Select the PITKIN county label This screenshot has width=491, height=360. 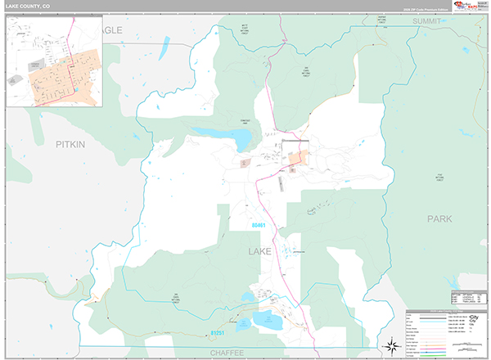click(x=70, y=144)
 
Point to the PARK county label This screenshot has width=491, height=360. click(x=439, y=219)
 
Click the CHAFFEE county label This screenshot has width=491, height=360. click(x=227, y=351)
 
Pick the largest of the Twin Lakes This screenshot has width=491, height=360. click(x=268, y=318)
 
